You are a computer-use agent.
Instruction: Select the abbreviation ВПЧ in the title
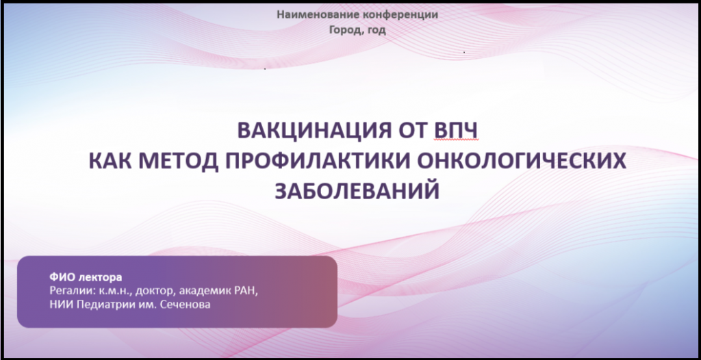click(x=457, y=131)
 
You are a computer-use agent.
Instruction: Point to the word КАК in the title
click(x=109, y=161)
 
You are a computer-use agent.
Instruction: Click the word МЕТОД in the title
click(x=178, y=161)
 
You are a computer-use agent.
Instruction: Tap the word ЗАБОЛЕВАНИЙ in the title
click(x=357, y=191)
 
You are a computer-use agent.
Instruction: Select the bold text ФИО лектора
click(x=86, y=277)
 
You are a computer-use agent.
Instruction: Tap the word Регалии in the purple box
click(x=68, y=291)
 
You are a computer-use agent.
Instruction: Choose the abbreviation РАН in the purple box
click(x=246, y=291)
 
